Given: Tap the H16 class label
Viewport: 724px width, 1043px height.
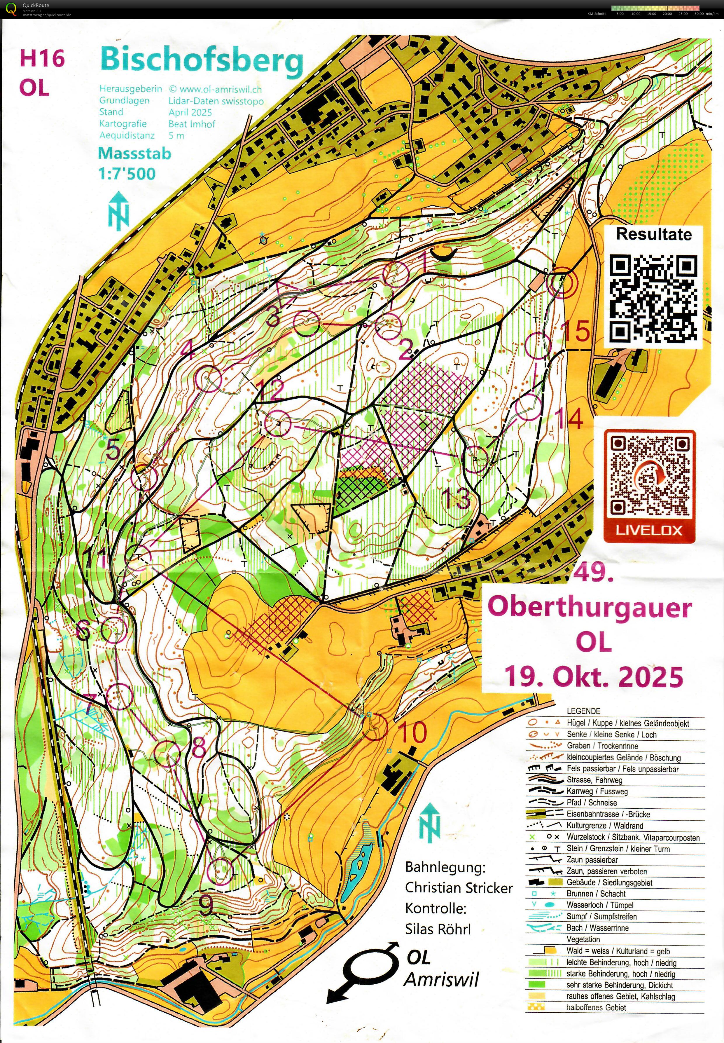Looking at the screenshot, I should tap(42, 59).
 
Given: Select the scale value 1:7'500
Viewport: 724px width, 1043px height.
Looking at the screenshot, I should tap(127, 173).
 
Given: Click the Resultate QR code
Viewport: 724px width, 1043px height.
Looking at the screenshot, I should tap(653, 298).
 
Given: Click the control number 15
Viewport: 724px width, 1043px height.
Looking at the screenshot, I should tap(577, 331).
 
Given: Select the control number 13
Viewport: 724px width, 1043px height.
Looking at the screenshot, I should tap(455, 498).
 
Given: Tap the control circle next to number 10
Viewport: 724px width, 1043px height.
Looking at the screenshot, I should tap(375, 728).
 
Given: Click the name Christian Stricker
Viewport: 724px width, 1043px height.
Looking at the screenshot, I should tap(459, 887).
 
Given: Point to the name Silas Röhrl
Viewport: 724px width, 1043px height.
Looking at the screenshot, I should tap(438, 929).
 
